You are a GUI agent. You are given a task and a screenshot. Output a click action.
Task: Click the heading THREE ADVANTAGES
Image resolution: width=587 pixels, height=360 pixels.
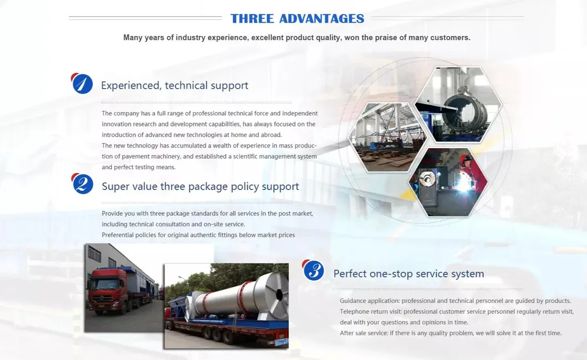(297, 18)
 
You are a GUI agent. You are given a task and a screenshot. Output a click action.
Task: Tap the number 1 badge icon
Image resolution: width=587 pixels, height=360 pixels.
(83, 84)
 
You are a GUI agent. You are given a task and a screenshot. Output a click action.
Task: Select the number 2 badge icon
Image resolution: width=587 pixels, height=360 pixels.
(83, 184)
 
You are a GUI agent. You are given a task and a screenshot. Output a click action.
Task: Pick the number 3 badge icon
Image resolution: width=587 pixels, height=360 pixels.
(314, 270)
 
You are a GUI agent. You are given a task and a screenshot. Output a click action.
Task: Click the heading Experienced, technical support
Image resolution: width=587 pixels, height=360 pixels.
(175, 85)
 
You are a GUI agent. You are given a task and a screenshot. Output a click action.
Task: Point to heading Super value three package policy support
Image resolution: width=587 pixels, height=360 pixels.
(200, 186)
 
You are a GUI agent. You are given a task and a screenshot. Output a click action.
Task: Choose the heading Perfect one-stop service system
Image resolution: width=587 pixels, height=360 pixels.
(409, 273)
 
